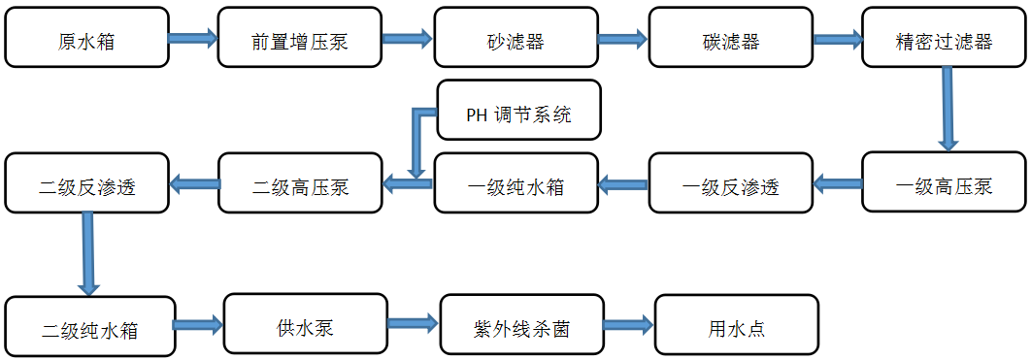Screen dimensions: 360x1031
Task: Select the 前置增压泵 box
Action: coord(299,39)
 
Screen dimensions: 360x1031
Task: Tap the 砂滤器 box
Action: coord(515,39)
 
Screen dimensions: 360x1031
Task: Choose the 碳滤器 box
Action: coord(729,39)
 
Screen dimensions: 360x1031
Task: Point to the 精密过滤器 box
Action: coord(943,39)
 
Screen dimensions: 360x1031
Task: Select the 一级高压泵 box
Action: coord(944,183)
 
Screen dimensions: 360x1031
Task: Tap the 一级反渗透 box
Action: coord(730,183)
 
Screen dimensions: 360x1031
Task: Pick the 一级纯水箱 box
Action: coord(515,183)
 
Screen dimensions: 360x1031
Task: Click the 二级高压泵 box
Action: coord(299,183)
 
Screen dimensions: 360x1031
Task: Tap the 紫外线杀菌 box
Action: coord(520,325)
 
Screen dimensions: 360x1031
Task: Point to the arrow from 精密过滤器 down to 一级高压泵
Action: coord(947,109)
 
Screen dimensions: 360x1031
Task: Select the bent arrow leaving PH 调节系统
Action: coord(418,136)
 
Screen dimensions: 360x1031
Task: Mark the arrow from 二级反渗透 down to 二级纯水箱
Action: coord(88,253)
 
